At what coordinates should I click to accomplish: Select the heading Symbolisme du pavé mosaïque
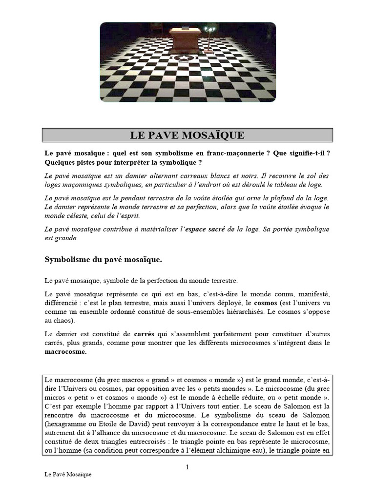[103, 260]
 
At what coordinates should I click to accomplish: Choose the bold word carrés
[144, 334]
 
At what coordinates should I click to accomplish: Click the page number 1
[187, 468]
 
